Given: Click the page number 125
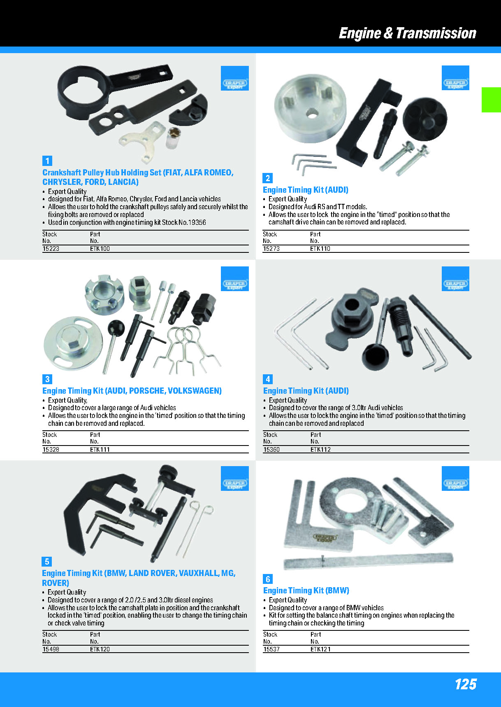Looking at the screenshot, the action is [465, 684].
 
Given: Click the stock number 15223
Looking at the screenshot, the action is [51, 249].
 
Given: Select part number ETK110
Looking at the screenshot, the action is [320, 249].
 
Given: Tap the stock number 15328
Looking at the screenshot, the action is [51, 450].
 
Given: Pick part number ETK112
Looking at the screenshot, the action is [320, 450].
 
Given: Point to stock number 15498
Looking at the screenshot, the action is [51, 649].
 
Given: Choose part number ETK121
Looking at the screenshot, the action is [320, 649].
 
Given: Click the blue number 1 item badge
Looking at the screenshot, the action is [47, 161].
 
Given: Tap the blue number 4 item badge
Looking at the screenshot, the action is [268, 379].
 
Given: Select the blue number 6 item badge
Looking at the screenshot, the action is [268, 579].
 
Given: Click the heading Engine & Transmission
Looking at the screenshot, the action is [407, 33].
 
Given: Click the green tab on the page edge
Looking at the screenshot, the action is [491, 100].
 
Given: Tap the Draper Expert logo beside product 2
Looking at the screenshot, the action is [455, 78].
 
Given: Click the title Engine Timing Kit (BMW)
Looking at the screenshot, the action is [306, 590].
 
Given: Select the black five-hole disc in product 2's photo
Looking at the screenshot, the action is [424, 119].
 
